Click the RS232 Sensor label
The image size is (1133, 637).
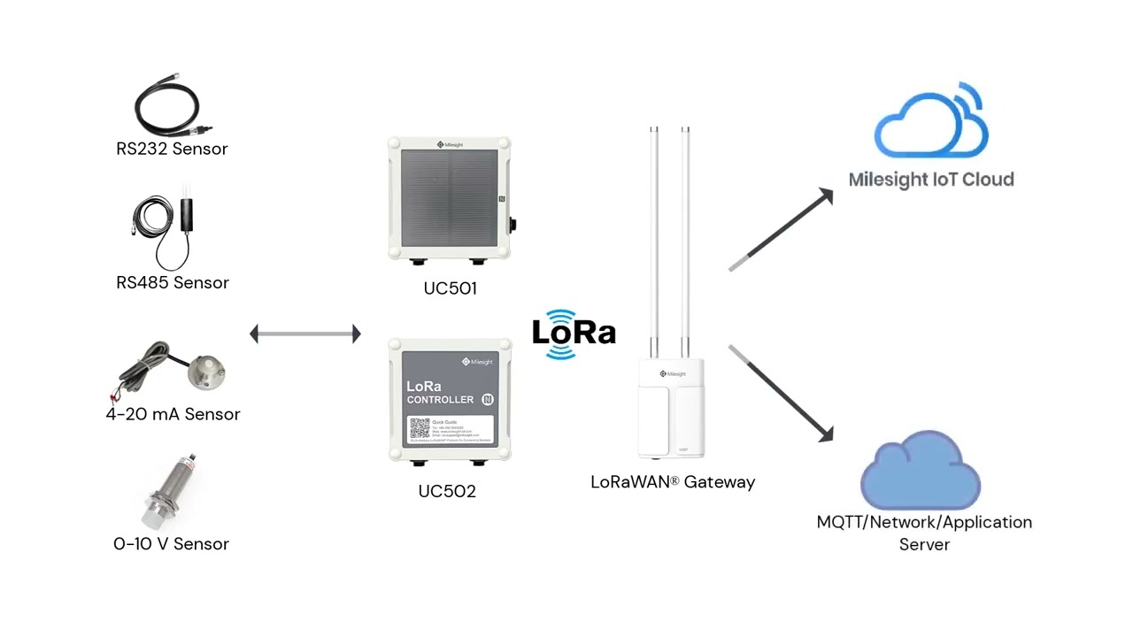click(x=172, y=149)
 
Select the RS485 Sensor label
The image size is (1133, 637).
click(x=172, y=282)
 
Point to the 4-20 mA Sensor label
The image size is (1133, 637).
click(x=173, y=414)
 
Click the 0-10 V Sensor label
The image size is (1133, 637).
click(x=171, y=544)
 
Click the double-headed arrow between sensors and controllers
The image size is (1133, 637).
click(x=305, y=334)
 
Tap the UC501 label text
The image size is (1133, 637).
click(x=450, y=288)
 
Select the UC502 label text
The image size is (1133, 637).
click(x=447, y=491)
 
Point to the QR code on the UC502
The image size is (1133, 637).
click(x=419, y=430)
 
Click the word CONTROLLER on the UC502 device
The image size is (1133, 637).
click(x=440, y=400)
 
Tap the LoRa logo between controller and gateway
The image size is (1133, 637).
click(x=574, y=334)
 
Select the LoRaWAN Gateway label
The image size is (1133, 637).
click(x=673, y=482)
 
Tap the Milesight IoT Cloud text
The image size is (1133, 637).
click(x=931, y=180)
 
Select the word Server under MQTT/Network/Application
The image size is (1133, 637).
click(x=924, y=544)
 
